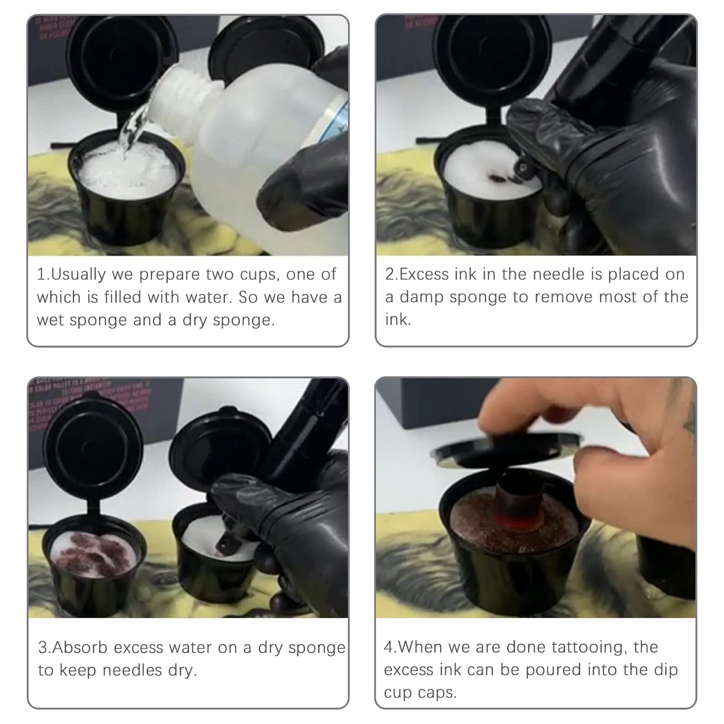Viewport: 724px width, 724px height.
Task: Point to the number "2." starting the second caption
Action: pos(391,275)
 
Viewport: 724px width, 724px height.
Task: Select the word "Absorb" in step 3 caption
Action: pos(80,647)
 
